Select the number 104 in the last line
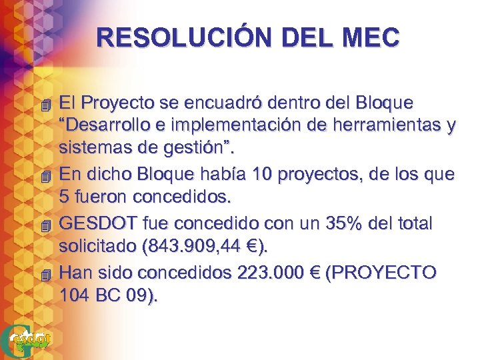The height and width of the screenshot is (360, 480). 73,294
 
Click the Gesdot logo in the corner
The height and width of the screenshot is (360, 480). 27,340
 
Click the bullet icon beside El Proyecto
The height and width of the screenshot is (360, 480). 45,105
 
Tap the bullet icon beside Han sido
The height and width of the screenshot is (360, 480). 45,274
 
